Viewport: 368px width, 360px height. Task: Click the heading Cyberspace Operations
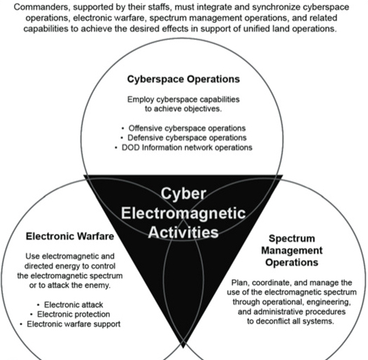183,79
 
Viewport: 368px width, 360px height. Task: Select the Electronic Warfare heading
70,236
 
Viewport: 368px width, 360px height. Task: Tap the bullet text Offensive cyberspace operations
187,128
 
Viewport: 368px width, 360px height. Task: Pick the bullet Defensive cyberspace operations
187,138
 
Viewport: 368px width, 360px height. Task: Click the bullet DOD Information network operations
187,148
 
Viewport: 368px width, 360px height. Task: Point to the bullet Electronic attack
73,305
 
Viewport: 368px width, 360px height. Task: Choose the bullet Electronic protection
73,314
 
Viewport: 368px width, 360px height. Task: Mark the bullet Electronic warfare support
73,324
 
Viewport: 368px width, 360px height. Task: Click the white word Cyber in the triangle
183,194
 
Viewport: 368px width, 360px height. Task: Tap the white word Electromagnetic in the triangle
183,213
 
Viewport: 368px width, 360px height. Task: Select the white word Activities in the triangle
183,232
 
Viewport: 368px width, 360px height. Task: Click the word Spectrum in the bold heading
292,239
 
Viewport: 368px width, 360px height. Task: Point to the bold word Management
292,251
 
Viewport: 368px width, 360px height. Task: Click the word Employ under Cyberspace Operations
141,100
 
